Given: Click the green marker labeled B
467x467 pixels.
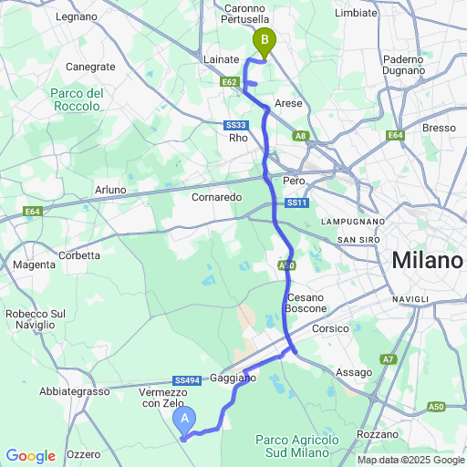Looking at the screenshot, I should click(265, 41).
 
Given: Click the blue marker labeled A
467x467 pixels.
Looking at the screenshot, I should click(185, 420).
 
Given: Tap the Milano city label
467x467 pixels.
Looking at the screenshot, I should click(427, 261).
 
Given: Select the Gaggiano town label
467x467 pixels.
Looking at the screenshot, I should click(233, 377).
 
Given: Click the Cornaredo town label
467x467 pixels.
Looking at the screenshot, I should click(215, 196).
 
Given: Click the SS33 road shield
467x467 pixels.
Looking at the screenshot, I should click(235, 125).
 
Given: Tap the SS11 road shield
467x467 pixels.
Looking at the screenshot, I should click(297, 202).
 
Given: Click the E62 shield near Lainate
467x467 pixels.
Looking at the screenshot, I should click(229, 82).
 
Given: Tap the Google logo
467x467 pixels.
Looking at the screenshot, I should click(30, 456).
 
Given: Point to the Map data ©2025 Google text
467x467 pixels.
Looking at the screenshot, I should click(410, 460).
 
